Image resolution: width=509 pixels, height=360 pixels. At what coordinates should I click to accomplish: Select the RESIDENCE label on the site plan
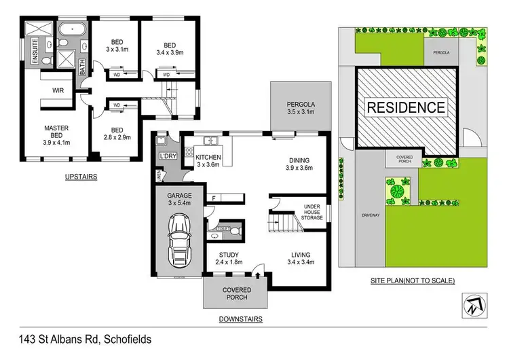tap(407, 107)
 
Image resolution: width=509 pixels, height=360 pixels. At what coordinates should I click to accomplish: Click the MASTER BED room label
tap(56, 134)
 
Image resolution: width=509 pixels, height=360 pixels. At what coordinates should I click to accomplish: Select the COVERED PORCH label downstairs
tap(237, 294)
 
